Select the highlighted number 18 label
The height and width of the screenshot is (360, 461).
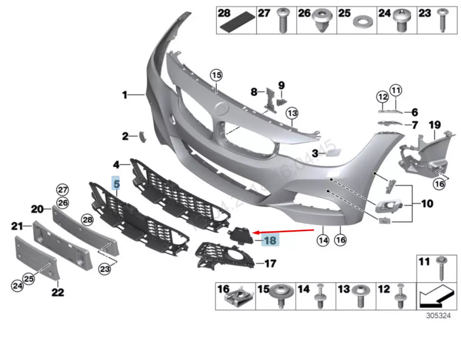[x=270, y=240]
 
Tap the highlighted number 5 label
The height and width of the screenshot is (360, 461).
[x=116, y=184]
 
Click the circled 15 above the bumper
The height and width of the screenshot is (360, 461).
[x=216, y=75]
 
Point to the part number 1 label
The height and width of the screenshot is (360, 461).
[x=125, y=95]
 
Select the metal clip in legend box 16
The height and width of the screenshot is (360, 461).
[x=242, y=296]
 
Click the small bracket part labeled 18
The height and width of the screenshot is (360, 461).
[x=240, y=235]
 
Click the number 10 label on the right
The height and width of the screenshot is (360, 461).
[x=427, y=202]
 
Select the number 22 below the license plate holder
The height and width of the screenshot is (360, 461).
[x=57, y=292]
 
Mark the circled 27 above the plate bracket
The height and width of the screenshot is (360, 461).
[x=62, y=190]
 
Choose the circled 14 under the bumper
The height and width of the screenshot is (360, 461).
[x=323, y=240]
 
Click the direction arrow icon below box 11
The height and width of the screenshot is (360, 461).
[x=433, y=295]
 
